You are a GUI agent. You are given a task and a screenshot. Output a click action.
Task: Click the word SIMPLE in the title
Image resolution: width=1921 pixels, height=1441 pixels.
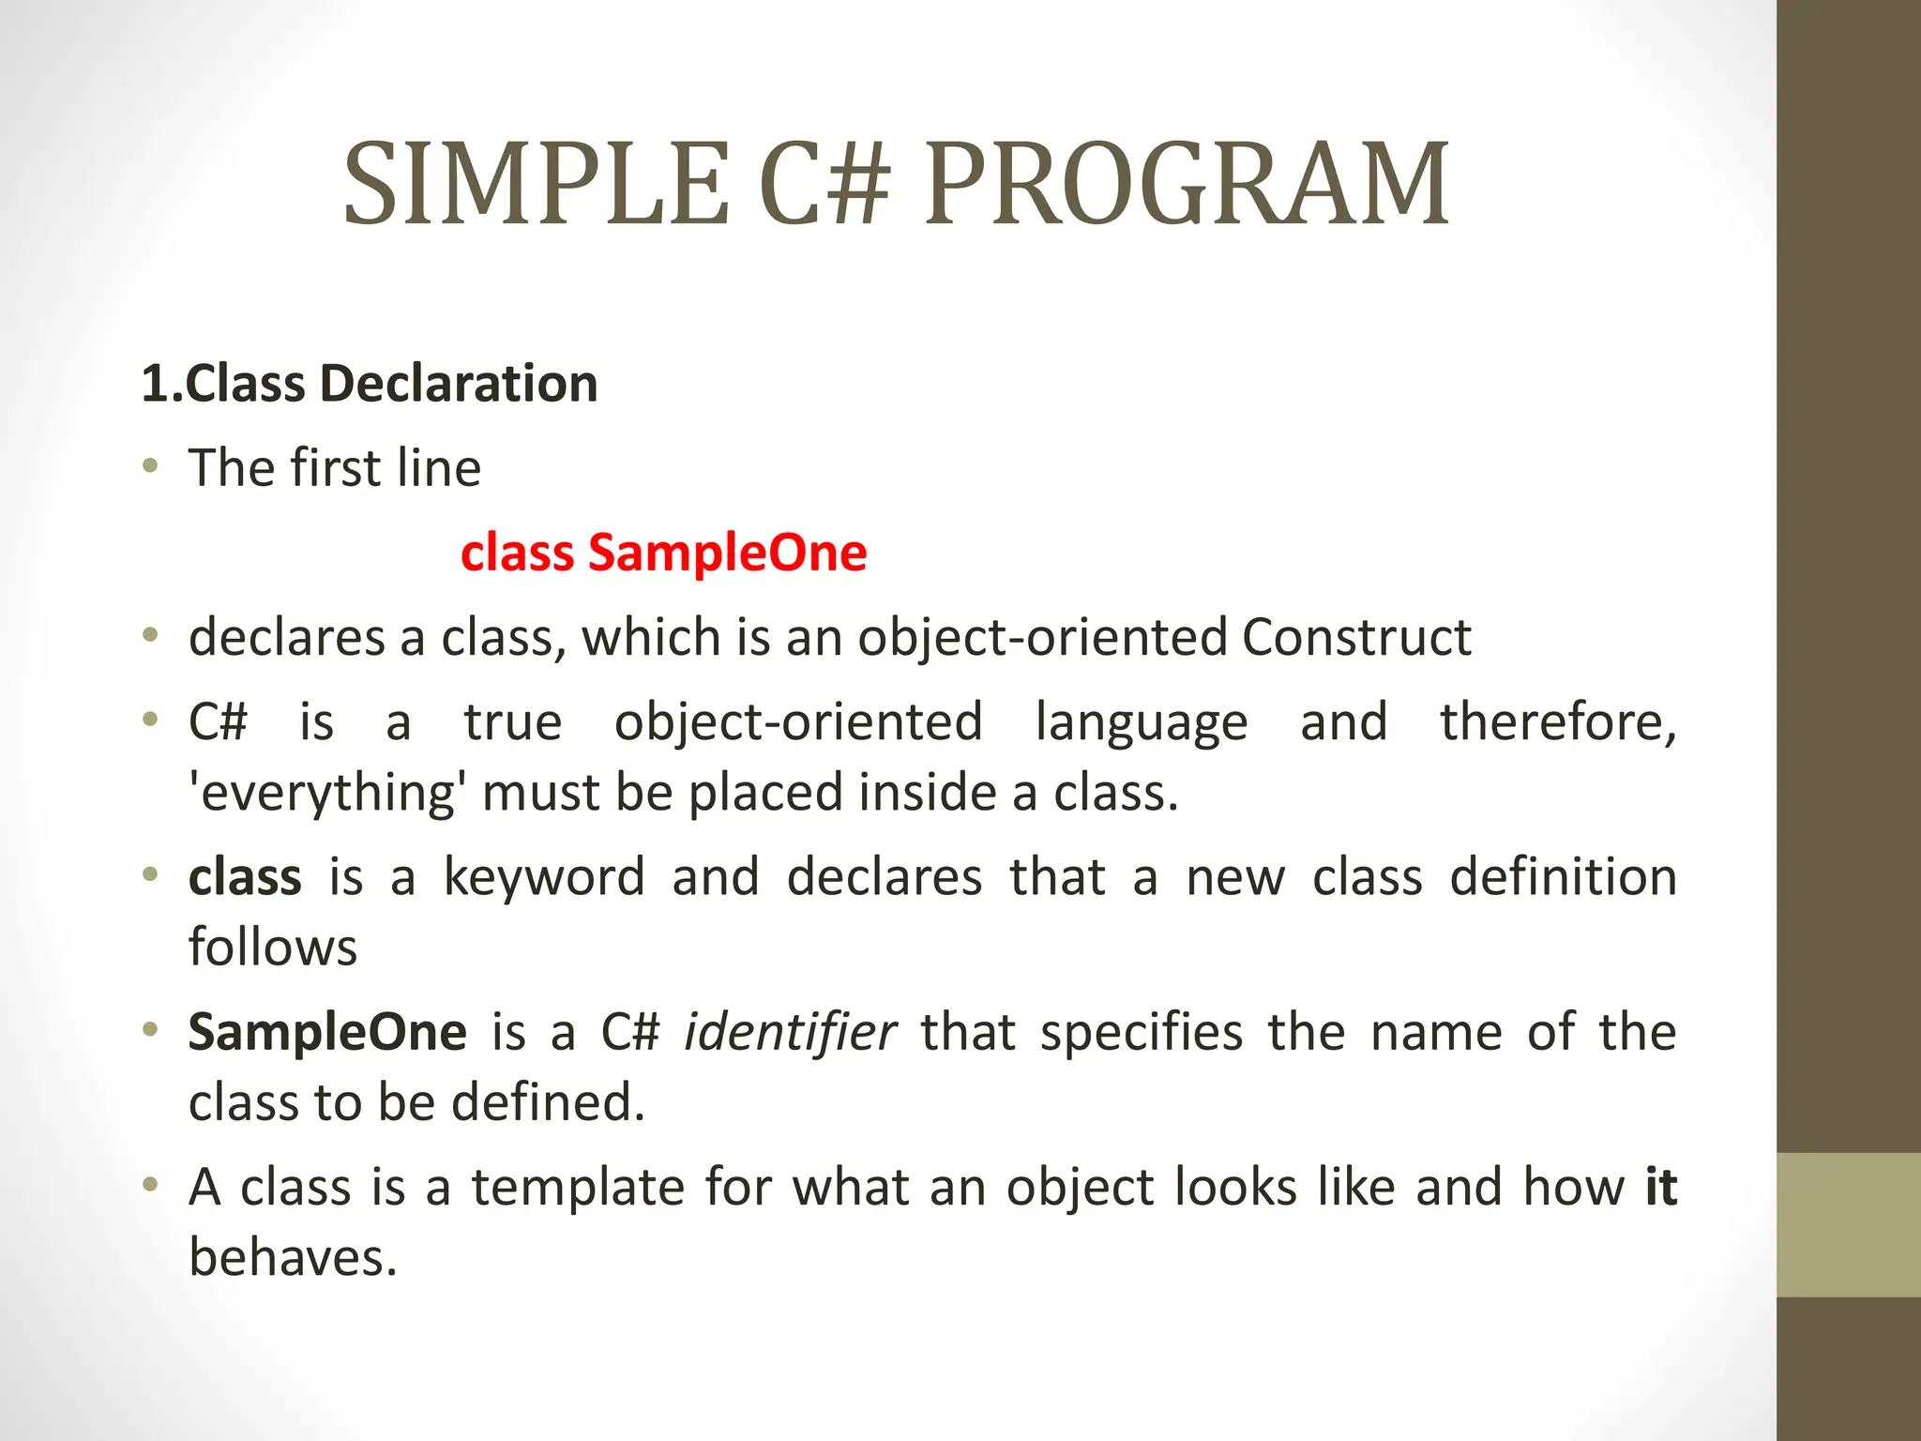(536, 185)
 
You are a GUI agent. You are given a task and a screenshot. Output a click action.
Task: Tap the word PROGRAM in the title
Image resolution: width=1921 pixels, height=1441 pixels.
(1187, 185)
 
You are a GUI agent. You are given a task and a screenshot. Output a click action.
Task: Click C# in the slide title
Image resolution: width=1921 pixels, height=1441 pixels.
(824, 185)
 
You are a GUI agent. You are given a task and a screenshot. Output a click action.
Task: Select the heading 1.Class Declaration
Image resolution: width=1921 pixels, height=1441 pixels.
(369, 384)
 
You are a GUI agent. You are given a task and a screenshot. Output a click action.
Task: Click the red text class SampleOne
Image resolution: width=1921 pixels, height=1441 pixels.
(663, 553)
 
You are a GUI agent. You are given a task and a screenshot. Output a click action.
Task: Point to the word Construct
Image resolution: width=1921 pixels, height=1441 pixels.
(1356, 638)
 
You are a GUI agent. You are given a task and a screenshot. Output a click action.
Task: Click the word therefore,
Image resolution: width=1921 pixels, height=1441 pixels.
(1558, 722)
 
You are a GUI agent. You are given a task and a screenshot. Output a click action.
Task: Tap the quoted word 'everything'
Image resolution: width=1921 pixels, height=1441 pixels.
(326, 793)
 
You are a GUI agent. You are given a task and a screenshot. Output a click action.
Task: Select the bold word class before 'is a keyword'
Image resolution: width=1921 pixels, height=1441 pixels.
(245, 877)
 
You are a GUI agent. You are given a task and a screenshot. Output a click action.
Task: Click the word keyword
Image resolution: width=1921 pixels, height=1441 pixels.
(544, 877)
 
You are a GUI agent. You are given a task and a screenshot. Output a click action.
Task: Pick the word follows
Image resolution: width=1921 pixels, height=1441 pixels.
(273, 948)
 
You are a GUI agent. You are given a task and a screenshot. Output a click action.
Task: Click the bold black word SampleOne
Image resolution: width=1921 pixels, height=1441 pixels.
(327, 1032)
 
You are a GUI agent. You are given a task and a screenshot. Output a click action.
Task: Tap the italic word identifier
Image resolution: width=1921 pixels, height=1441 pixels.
(790, 1032)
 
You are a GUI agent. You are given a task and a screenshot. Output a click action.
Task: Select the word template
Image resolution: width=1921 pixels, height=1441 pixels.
(577, 1188)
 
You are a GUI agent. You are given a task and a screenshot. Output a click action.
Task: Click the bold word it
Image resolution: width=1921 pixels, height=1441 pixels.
(1660, 1188)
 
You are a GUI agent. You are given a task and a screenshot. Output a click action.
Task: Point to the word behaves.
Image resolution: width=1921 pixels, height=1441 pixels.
(293, 1258)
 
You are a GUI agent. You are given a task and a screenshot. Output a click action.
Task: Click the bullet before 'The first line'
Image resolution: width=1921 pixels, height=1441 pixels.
(150, 466)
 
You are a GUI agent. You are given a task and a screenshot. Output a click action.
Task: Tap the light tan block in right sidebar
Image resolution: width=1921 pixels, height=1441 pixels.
(1848, 1224)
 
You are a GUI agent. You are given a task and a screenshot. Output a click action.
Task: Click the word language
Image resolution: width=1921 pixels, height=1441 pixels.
(1142, 722)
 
